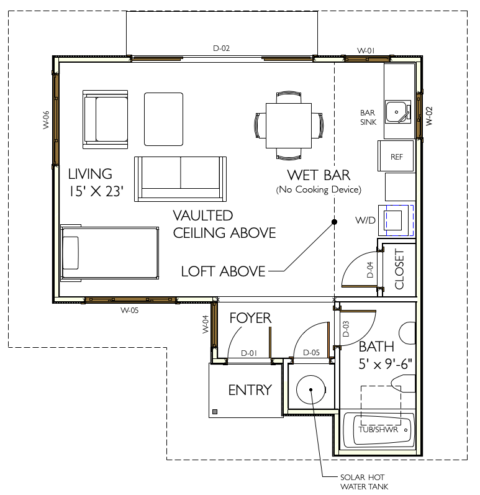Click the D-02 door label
221,48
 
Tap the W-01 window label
366,50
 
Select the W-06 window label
46,120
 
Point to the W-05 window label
129,311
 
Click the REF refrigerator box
396,157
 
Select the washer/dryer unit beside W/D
396,220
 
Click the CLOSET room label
399,269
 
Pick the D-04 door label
370,270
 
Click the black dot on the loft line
334,222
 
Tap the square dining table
289,125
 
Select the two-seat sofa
180,179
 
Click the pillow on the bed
71,253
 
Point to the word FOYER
250,318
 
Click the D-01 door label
249,353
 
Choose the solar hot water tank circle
310,389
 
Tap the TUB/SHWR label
378,429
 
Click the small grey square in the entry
215,412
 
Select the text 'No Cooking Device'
319,189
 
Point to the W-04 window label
206,324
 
